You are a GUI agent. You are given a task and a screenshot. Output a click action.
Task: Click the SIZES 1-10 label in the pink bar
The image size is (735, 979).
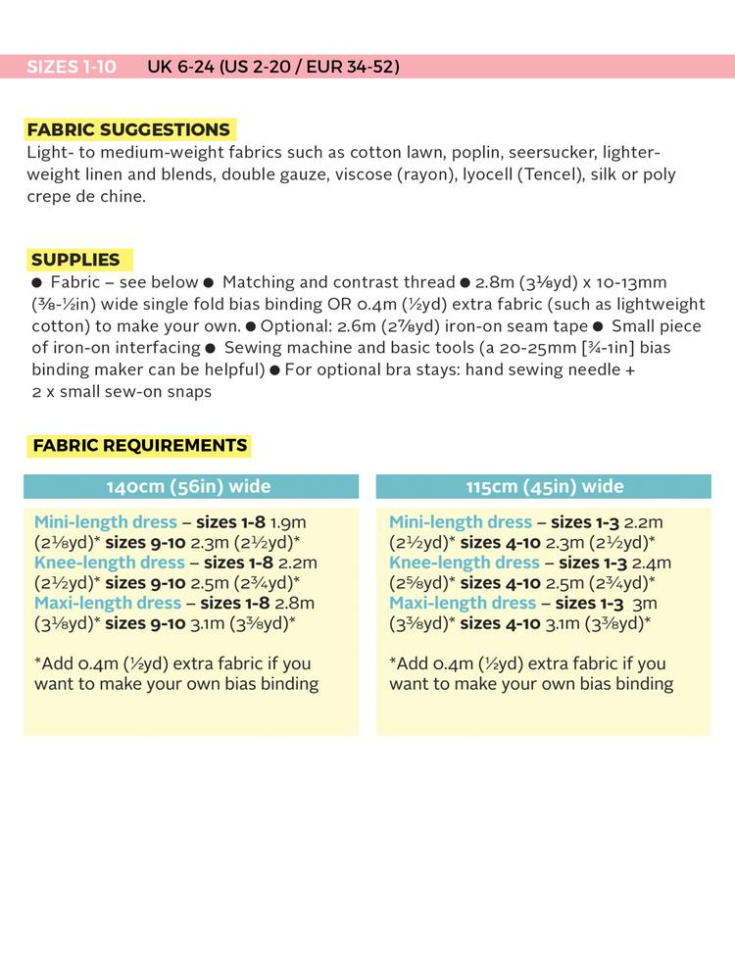(71, 67)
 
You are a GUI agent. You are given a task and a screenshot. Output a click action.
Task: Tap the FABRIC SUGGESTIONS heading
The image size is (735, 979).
(128, 130)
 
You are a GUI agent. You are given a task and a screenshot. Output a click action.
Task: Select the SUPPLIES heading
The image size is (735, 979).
(75, 260)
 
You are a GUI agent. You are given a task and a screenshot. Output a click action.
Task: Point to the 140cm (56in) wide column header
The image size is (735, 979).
(189, 487)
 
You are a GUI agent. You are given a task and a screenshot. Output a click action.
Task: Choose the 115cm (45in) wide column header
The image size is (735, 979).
(544, 487)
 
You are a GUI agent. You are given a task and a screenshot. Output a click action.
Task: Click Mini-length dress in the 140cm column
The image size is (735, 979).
(106, 522)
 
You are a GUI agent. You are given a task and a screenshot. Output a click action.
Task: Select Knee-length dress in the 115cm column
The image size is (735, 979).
(465, 563)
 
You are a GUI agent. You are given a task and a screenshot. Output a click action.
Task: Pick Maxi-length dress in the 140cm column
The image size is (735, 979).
(108, 603)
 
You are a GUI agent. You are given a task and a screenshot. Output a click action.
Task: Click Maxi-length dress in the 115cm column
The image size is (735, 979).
(463, 603)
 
